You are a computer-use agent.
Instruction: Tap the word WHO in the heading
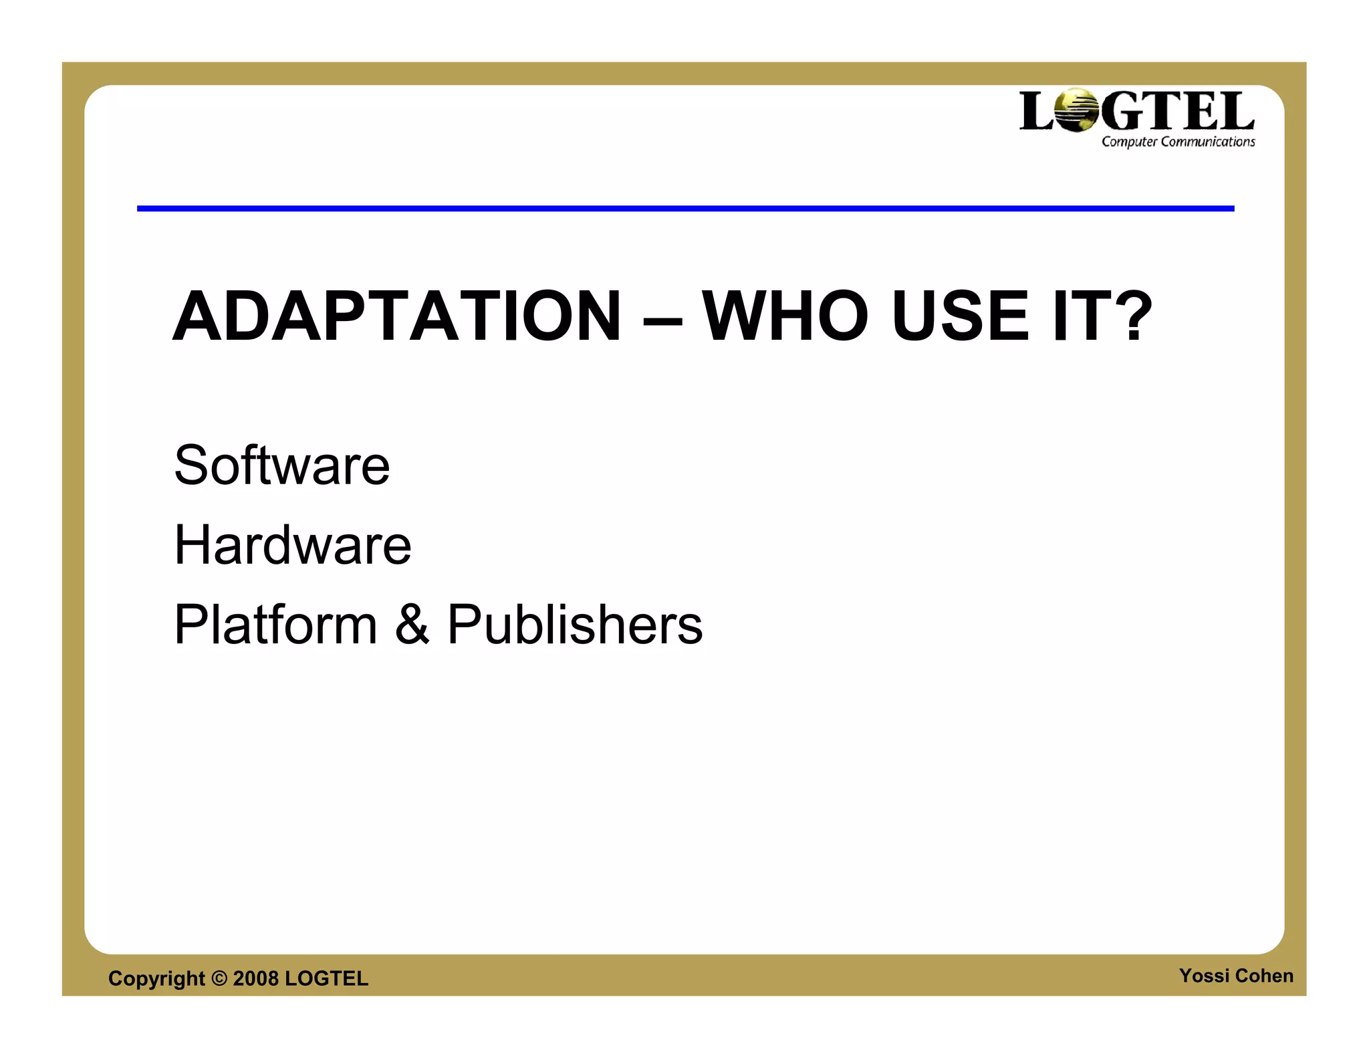pyautogui.click(x=785, y=316)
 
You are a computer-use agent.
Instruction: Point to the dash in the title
pyautogui.click(x=662, y=320)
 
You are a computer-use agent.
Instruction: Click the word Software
pyautogui.click(x=281, y=465)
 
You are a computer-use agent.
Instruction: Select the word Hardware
pyautogui.click(x=292, y=545)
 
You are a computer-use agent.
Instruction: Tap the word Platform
pyautogui.click(x=275, y=625)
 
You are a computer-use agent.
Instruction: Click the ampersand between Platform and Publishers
pyautogui.click(x=412, y=625)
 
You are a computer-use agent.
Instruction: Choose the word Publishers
pyautogui.click(x=575, y=625)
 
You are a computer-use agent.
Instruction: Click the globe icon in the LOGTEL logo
pyautogui.click(x=1076, y=110)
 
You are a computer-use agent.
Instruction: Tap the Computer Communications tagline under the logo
pyautogui.click(x=1178, y=142)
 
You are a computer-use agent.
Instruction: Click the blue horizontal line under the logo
pyautogui.click(x=685, y=209)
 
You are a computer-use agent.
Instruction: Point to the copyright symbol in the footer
pyautogui.click(x=219, y=978)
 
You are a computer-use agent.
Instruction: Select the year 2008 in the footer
pyautogui.click(x=255, y=978)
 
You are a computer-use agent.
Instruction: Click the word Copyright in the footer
pyautogui.click(x=156, y=978)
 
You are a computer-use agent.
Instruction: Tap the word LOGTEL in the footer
pyautogui.click(x=326, y=978)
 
